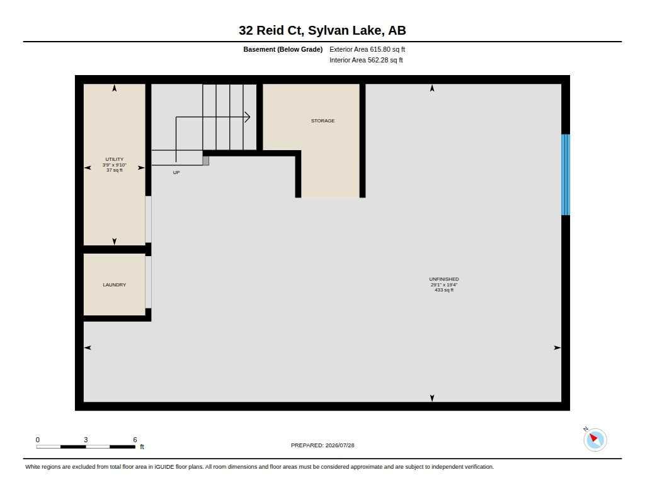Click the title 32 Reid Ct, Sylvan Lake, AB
322,30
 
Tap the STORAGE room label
323,120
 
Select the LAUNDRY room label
115,285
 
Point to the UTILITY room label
115,159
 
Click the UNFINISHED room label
444,279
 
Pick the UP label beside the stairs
176,173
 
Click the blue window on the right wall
566,175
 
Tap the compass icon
595,440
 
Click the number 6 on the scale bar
135,440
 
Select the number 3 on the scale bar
86,440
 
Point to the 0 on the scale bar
37,440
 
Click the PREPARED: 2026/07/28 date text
322,445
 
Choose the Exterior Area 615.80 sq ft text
367,49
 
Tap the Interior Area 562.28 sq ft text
366,60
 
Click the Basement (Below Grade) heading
283,49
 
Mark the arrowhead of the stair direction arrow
248,117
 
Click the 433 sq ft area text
444,290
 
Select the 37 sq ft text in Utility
115,170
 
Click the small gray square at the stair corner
206,161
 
